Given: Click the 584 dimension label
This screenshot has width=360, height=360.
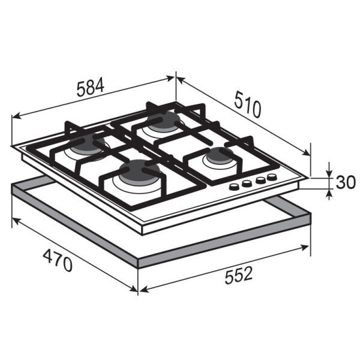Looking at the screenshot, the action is coord(91,88).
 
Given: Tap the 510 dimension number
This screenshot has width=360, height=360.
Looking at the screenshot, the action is coord(248,104).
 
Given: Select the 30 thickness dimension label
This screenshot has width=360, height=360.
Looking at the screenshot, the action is coord(346,182).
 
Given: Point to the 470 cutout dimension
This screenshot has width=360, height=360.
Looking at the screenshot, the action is coord(58,260).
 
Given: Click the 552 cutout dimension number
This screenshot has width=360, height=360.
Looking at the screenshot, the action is coord(239,275).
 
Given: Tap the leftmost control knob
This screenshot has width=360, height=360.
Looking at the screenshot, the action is coord(234,187).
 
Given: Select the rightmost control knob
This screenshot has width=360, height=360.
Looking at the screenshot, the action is coord(272,177).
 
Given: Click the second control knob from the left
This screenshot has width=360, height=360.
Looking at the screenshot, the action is coord(247,183).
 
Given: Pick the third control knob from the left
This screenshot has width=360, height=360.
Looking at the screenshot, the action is coord(260,180).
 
